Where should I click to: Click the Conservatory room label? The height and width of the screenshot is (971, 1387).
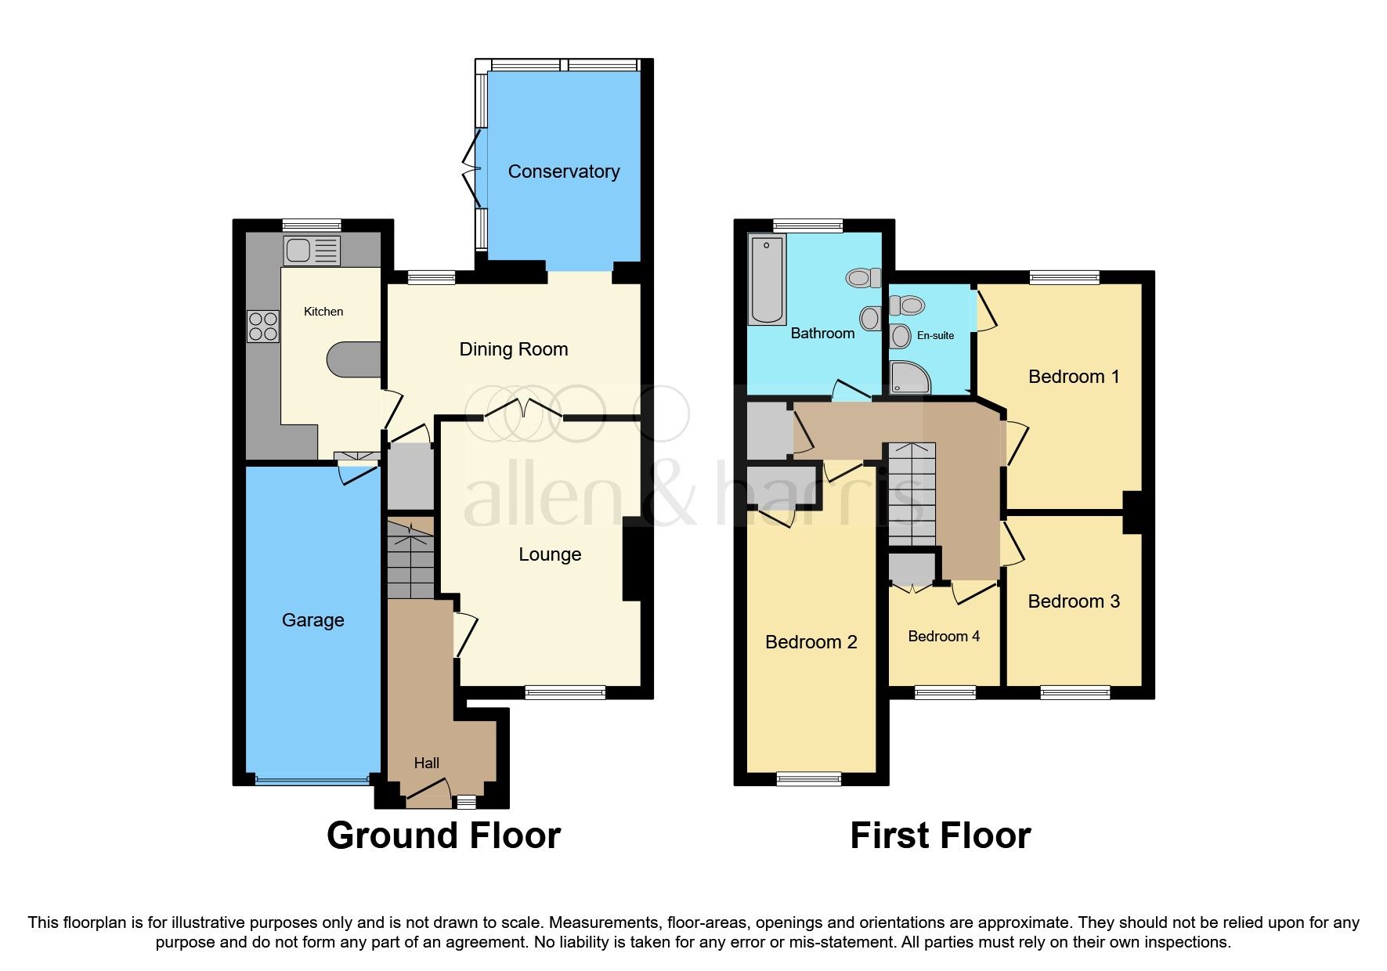[x=563, y=171]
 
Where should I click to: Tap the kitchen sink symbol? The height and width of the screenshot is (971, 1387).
[x=311, y=251]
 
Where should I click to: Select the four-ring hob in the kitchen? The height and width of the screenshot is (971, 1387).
[x=262, y=327]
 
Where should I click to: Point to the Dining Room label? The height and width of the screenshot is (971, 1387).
[x=513, y=349]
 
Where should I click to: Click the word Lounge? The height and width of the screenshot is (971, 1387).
[x=550, y=554]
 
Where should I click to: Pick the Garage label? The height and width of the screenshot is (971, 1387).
[x=312, y=620]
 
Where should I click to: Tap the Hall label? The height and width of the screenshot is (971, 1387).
[x=426, y=763]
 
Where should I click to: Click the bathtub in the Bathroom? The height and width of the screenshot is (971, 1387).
[x=767, y=279]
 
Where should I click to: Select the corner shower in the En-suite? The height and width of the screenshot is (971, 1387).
[x=910, y=377]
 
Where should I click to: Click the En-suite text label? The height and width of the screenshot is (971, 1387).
[x=935, y=335]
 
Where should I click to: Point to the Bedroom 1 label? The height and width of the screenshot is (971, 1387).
[x=1073, y=377]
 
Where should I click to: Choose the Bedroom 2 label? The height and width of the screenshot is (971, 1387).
[x=811, y=642]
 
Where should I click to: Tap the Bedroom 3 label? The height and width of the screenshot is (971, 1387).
[x=1073, y=601]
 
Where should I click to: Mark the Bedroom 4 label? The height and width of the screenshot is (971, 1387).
[x=943, y=637]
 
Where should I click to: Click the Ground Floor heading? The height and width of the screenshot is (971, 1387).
[x=443, y=836]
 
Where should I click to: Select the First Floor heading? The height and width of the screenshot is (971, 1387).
[x=940, y=836]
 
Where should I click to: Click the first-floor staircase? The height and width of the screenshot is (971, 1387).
[x=911, y=493]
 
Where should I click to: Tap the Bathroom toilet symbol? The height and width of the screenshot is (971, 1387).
[x=863, y=277]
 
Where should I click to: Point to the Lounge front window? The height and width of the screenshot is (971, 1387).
[x=565, y=691]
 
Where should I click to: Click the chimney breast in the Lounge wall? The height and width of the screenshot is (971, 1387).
[x=634, y=562]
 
